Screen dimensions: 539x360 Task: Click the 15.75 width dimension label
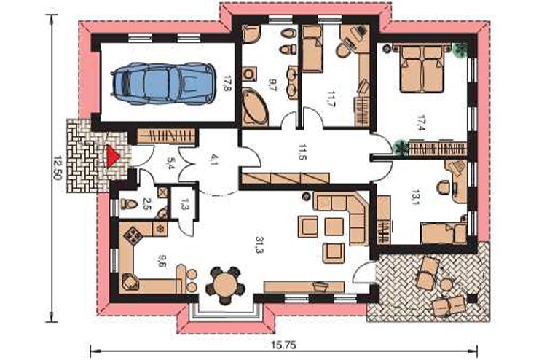click(x=283, y=345)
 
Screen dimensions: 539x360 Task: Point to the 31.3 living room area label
click(x=259, y=245)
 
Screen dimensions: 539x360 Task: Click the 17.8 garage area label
click(x=226, y=84)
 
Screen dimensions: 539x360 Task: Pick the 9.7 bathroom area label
click(x=272, y=85)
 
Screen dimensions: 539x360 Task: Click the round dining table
click(x=225, y=286)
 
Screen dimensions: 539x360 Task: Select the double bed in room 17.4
click(x=422, y=68)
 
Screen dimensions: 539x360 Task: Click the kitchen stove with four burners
click(x=132, y=235)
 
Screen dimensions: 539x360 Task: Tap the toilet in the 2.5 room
click(x=129, y=204)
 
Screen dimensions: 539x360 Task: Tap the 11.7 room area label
click(x=331, y=100)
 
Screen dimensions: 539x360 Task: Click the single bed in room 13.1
click(x=444, y=233)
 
